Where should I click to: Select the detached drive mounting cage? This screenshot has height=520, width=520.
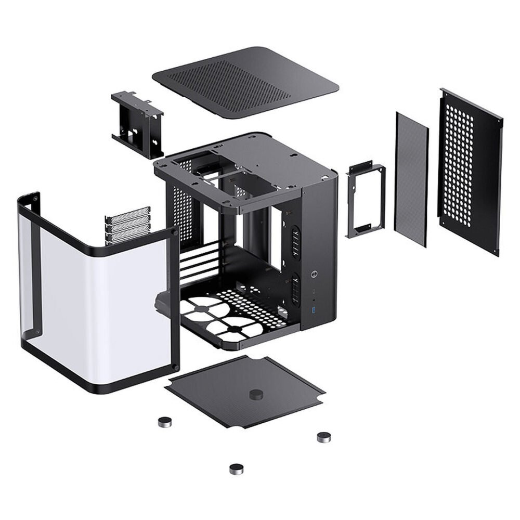[137, 124]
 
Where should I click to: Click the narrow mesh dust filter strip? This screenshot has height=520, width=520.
[412, 179]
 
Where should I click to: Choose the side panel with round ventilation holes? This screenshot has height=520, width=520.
[470, 172]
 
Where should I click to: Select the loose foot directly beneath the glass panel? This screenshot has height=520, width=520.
[166, 421]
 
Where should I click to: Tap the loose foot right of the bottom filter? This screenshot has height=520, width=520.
[324, 437]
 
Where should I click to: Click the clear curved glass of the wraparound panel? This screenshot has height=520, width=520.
[104, 302]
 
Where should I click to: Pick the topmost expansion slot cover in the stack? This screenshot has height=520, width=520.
[128, 213]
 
